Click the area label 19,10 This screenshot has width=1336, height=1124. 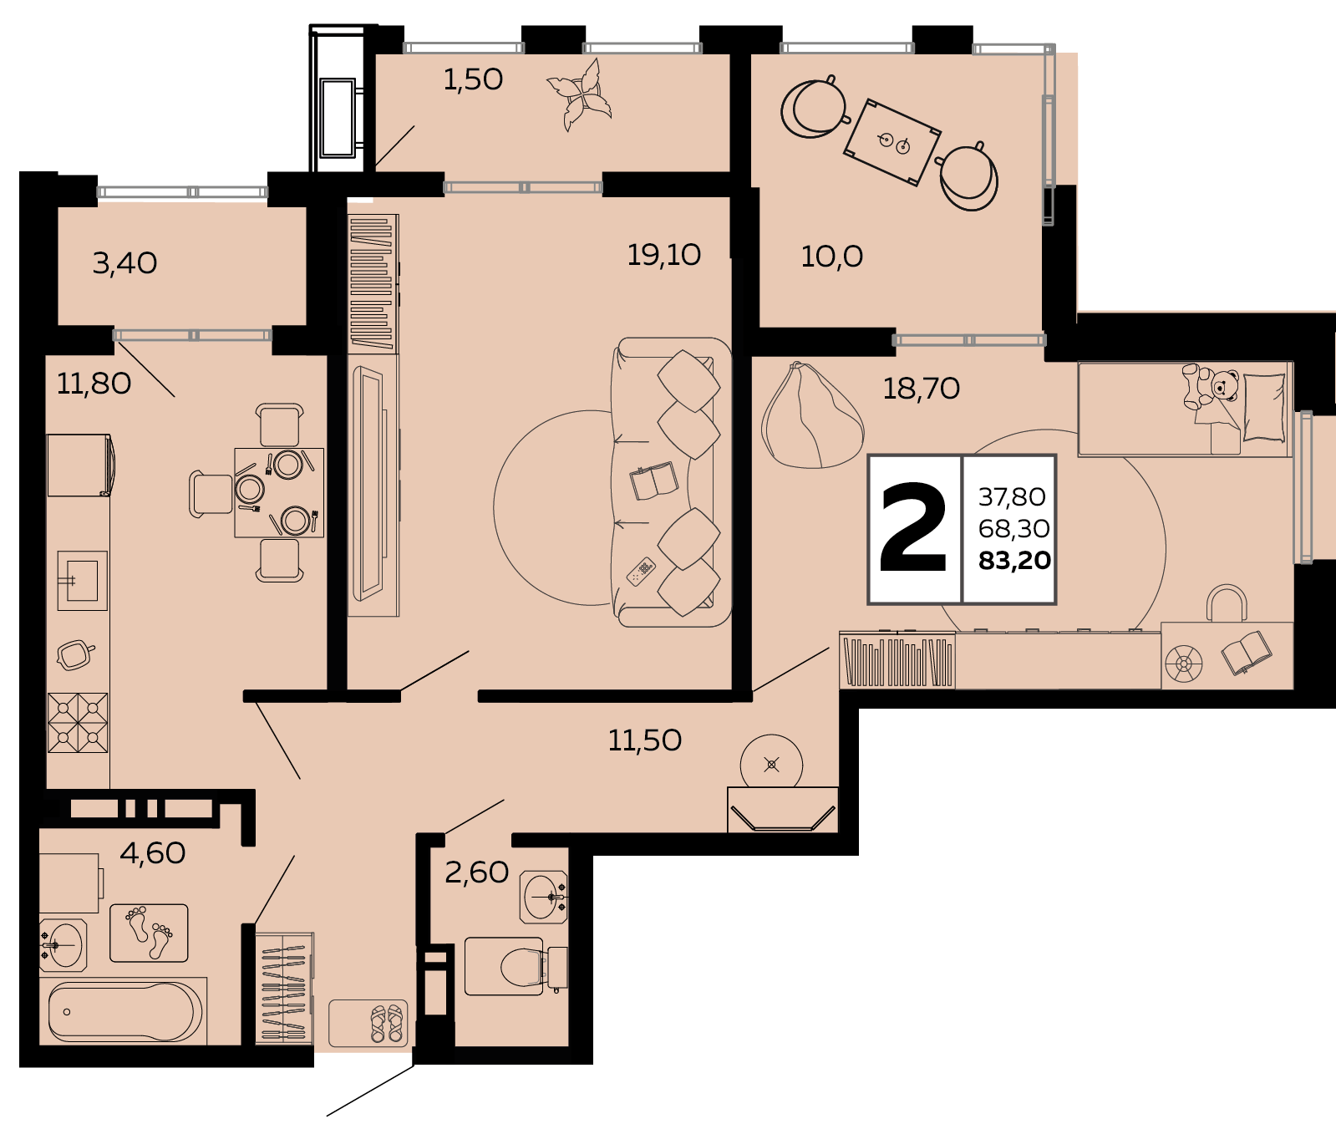[664, 255]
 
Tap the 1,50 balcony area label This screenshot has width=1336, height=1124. [473, 79]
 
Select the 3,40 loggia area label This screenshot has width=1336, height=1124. [124, 263]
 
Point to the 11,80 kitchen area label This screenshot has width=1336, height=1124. [94, 384]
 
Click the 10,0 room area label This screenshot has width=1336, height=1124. [831, 257]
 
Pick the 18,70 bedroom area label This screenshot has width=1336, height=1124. [922, 389]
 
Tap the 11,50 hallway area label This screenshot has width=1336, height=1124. [645, 740]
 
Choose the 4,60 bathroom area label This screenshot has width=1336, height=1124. [152, 853]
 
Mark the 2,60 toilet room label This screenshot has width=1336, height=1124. [476, 872]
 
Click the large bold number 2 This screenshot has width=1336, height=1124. [914, 528]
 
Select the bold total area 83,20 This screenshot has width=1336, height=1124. [1014, 561]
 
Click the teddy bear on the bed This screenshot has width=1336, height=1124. [1209, 387]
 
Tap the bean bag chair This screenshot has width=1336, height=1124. [811, 415]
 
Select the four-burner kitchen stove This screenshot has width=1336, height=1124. [78, 723]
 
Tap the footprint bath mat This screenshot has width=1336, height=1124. [149, 933]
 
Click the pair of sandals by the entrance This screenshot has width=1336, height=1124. [387, 1024]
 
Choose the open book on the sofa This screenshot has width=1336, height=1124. [653, 481]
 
